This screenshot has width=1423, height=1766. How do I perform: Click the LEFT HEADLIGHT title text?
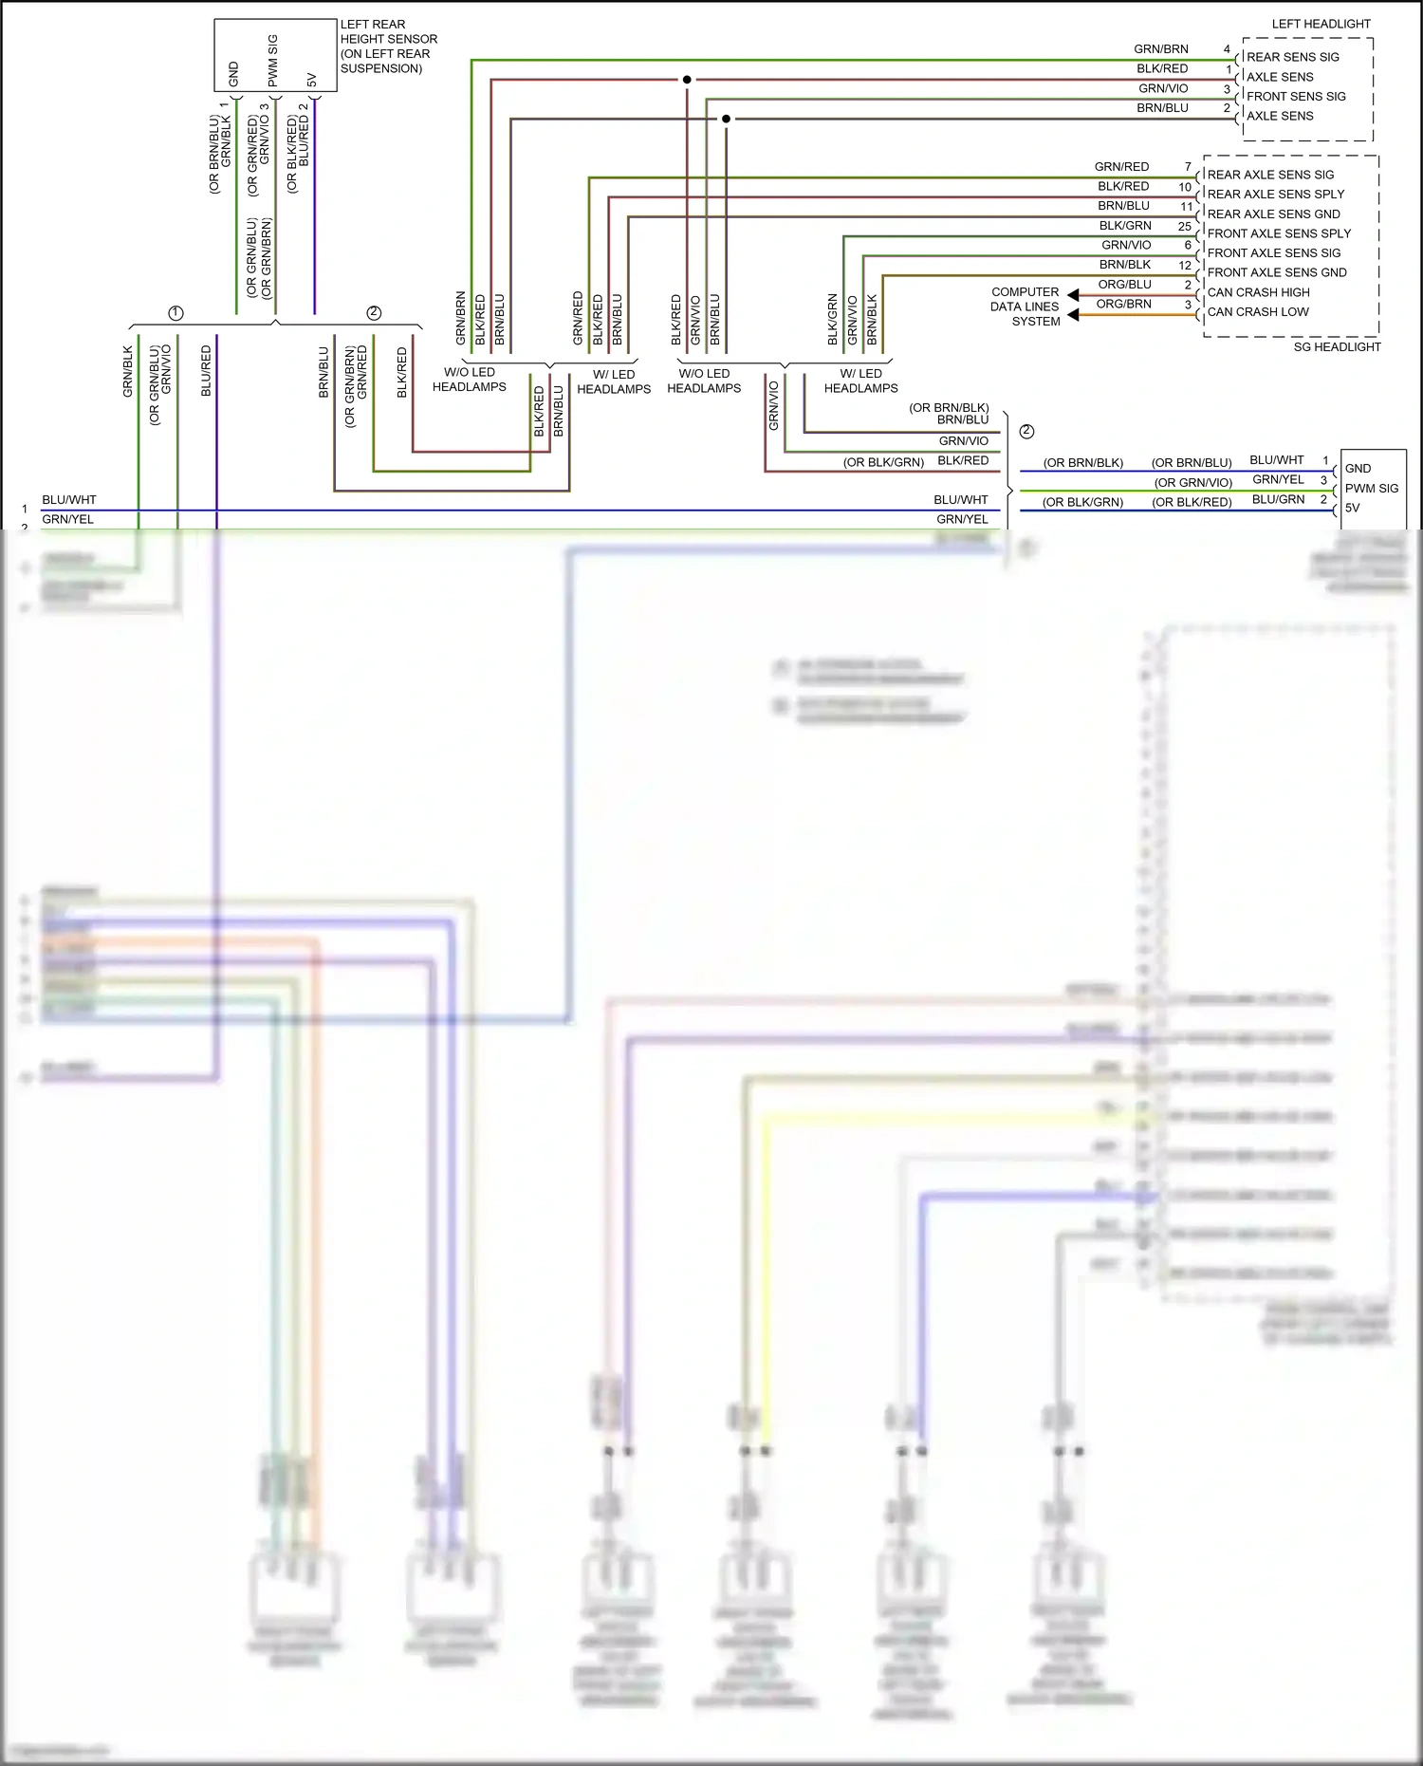click(1321, 24)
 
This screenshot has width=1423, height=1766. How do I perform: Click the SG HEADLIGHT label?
click(1337, 347)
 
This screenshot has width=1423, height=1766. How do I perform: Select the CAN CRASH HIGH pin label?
click(1258, 292)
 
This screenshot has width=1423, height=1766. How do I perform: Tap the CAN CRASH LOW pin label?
click(1258, 312)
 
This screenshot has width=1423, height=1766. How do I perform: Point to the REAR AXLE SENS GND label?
click(1273, 214)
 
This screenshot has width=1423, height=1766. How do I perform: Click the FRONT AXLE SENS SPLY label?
click(1279, 233)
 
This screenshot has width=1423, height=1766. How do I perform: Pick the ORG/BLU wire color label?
click(1124, 285)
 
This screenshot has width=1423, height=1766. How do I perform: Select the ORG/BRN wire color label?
click(1123, 304)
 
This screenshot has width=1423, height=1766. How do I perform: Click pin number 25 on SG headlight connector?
click(1184, 226)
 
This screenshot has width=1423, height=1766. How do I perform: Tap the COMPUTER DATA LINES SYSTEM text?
click(1025, 307)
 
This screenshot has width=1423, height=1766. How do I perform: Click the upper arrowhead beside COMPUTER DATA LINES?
click(1073, 295)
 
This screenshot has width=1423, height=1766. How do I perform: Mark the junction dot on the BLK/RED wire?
click(687, 80)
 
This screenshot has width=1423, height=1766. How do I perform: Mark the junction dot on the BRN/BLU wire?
click(726, 119)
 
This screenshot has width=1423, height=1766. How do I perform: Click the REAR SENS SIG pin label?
click(1292, 57)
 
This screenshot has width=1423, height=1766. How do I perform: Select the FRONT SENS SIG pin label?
click(1296, 97)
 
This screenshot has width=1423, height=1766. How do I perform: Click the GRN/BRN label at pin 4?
click(1160, 49)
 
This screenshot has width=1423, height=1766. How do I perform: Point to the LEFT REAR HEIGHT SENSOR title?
click(388, 46)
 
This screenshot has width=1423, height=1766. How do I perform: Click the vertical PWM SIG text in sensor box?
click(273, 61)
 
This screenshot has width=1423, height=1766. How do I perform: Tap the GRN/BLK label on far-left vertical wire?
click(128, 371)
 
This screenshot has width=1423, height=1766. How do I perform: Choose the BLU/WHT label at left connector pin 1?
click(69, 500)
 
